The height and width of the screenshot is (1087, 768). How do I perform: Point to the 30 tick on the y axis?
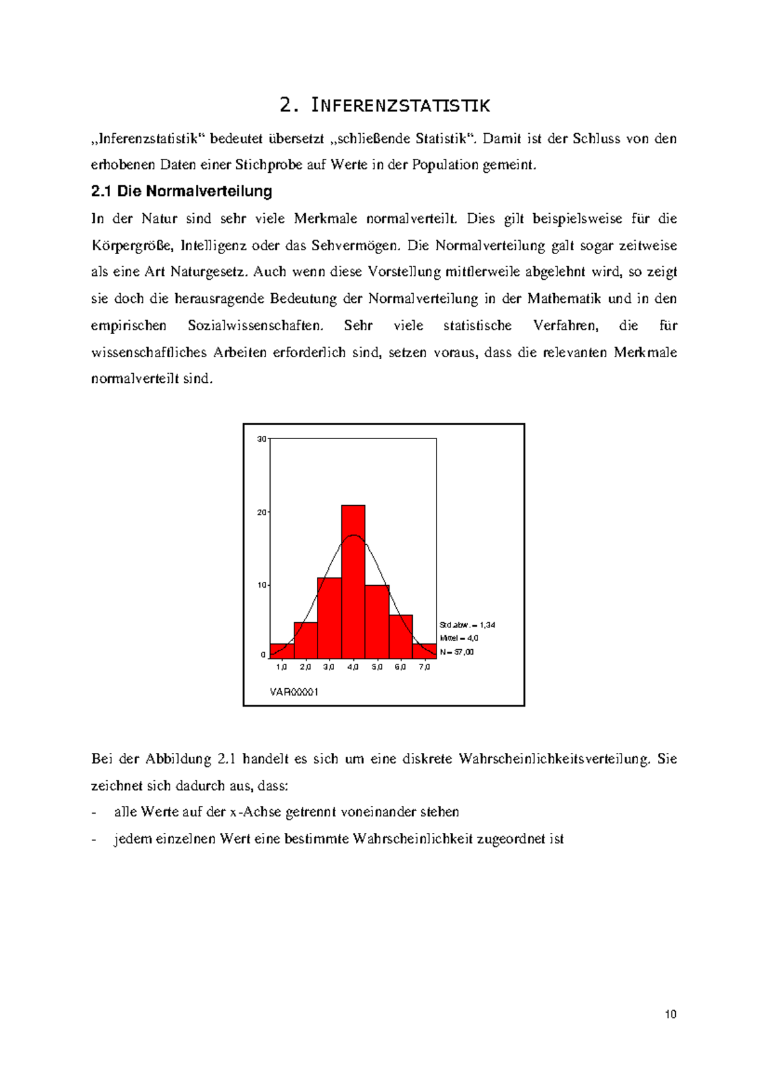[x=262, y=439]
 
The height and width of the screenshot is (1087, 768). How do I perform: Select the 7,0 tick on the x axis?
[x=424, y=667]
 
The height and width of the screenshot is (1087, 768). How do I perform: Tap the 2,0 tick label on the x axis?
[x=305, y=667]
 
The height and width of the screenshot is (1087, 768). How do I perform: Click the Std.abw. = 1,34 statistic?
[x=467, y=625]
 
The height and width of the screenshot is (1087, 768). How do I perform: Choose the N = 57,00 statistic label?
[x=457, y=652]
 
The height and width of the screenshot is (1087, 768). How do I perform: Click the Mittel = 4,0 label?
[x=459, y=638]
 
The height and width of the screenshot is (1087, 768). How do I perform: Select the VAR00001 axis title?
[x=294, y=692]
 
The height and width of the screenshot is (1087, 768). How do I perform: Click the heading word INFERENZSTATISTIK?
[x=401, y=106]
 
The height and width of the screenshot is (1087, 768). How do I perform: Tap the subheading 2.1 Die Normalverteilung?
[x=182, y=191]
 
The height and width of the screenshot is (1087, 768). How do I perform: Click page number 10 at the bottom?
[x=671, y=1014]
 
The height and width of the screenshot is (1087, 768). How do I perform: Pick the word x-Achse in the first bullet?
[x=255, y=812]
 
